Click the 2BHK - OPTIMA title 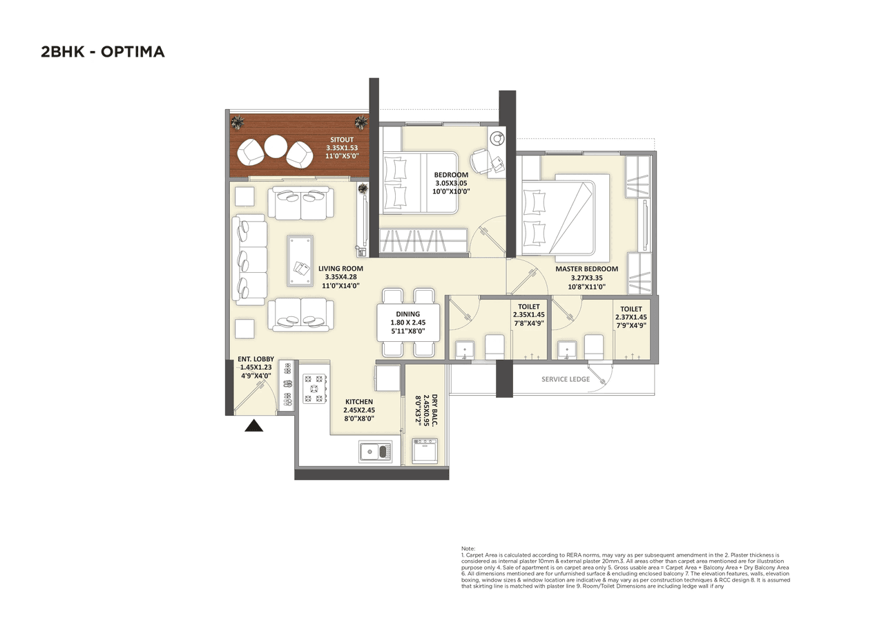click(103, 52)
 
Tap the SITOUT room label click(342, 140)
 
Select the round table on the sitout click(276, 146)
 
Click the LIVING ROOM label click(340, 269)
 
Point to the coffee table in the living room click(300, 260)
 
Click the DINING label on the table click(408, 314)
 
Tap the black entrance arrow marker click(254, 426)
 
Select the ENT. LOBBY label click(256, 359)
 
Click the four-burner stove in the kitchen click(314, 388)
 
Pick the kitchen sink click(375, 452)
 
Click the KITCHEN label click(358, 401)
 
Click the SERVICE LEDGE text click(565, 379)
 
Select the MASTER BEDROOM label click(586, 269)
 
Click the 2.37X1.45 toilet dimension click(631, 318)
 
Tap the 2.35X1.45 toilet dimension click(528, 315)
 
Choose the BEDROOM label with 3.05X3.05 click(451, 175)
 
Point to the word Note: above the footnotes click(468, 548)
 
